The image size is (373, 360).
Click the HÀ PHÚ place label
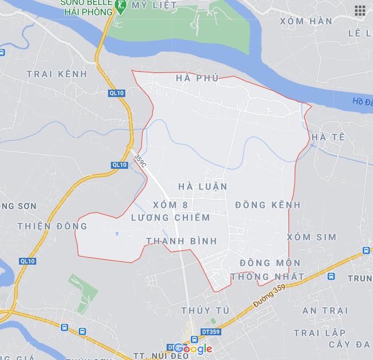[198, 78]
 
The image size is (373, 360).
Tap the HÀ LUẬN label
[203, 187]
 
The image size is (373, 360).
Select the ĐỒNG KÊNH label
[268, 205]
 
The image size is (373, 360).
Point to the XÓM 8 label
[171, 205]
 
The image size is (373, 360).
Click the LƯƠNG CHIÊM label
[171, 218]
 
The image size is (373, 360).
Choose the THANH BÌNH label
[182, 241]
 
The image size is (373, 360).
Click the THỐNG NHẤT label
[267, 277]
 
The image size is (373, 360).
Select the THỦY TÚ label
[205, 311]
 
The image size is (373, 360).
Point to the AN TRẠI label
[325, 311]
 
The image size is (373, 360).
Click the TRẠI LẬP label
[320, 333]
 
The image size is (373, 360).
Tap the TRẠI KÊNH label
[57, 74]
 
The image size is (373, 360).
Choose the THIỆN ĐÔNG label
[52, 226]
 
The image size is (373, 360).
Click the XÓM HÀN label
[306, 21]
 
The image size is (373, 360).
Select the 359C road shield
[140, 160]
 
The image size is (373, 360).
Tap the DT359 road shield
[210, 332]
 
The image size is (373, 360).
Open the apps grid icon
[360, 10]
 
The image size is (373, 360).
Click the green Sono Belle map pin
[121, 7]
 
